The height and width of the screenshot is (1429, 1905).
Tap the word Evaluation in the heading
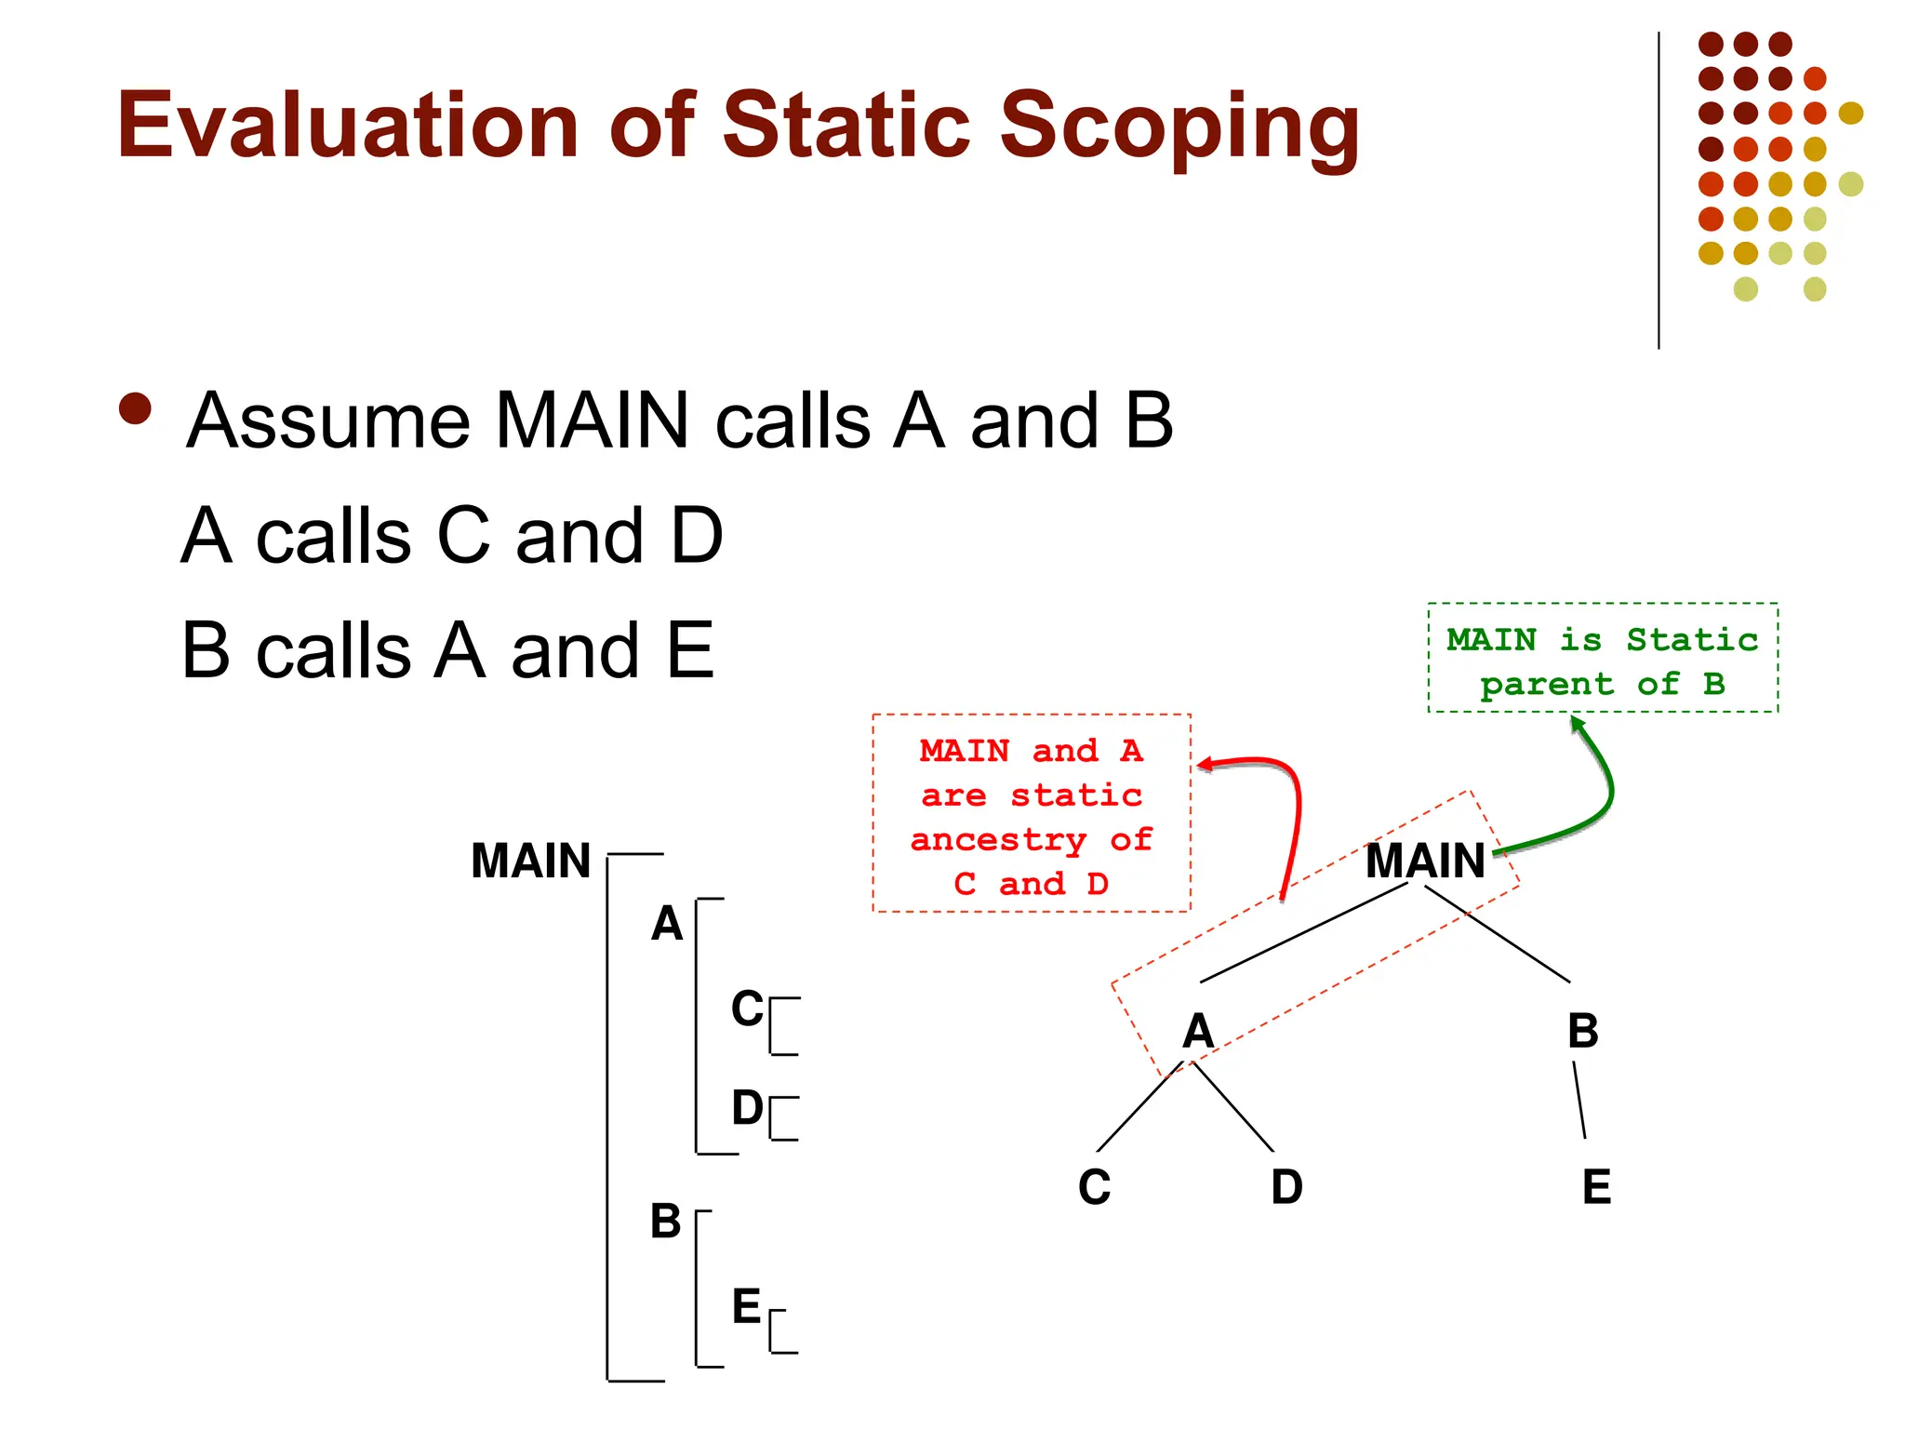[x=349, y=126]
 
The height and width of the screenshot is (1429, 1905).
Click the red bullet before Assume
[x=136, y=408]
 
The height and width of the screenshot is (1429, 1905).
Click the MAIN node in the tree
[x=1425, y=861]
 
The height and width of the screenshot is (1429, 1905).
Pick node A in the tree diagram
[x=1198, y=1031]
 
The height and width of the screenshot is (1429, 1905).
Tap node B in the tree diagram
[x=1582, y=1031]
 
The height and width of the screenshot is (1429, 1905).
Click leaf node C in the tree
[x=1095, y=1187]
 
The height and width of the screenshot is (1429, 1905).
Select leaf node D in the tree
[x=1286, y=1187]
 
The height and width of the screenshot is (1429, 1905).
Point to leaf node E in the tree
[x=1596, y=1187]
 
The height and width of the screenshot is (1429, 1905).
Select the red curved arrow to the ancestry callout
[x=1295, y=809]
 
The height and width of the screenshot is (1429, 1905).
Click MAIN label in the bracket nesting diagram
[x=530, y=861]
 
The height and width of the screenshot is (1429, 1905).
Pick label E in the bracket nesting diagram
[x=746, y=1307]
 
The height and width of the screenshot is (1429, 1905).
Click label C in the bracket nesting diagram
[x=746, y=1009]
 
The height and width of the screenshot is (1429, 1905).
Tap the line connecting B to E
[x=1579, y=1100]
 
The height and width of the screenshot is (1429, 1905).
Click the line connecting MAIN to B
[x=1498, y=934]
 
